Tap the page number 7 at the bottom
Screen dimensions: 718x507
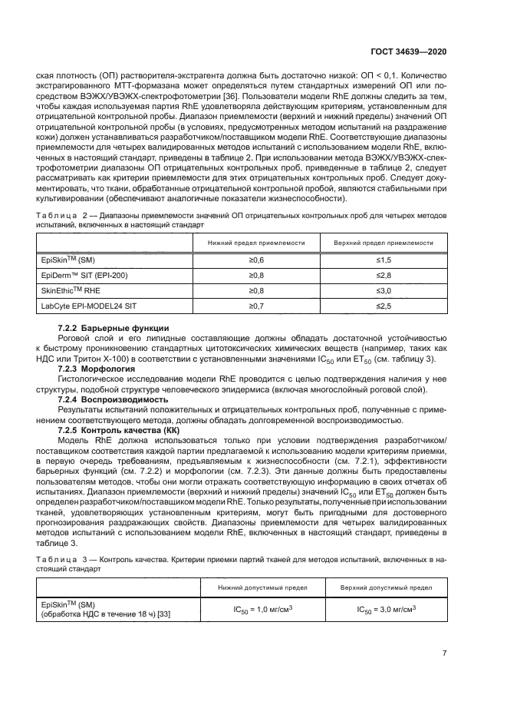tap(445, 655)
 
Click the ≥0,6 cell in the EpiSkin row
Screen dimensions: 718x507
tap(256, 261)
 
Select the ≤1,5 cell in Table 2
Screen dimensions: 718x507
tap(384, 261)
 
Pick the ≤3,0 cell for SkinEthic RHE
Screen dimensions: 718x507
tap(384, 291)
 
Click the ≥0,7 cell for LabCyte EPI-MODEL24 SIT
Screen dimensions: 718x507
tap(256, 306)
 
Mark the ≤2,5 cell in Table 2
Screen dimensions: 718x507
tap(384, 306)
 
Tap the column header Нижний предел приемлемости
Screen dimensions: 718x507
tap(256, 243)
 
